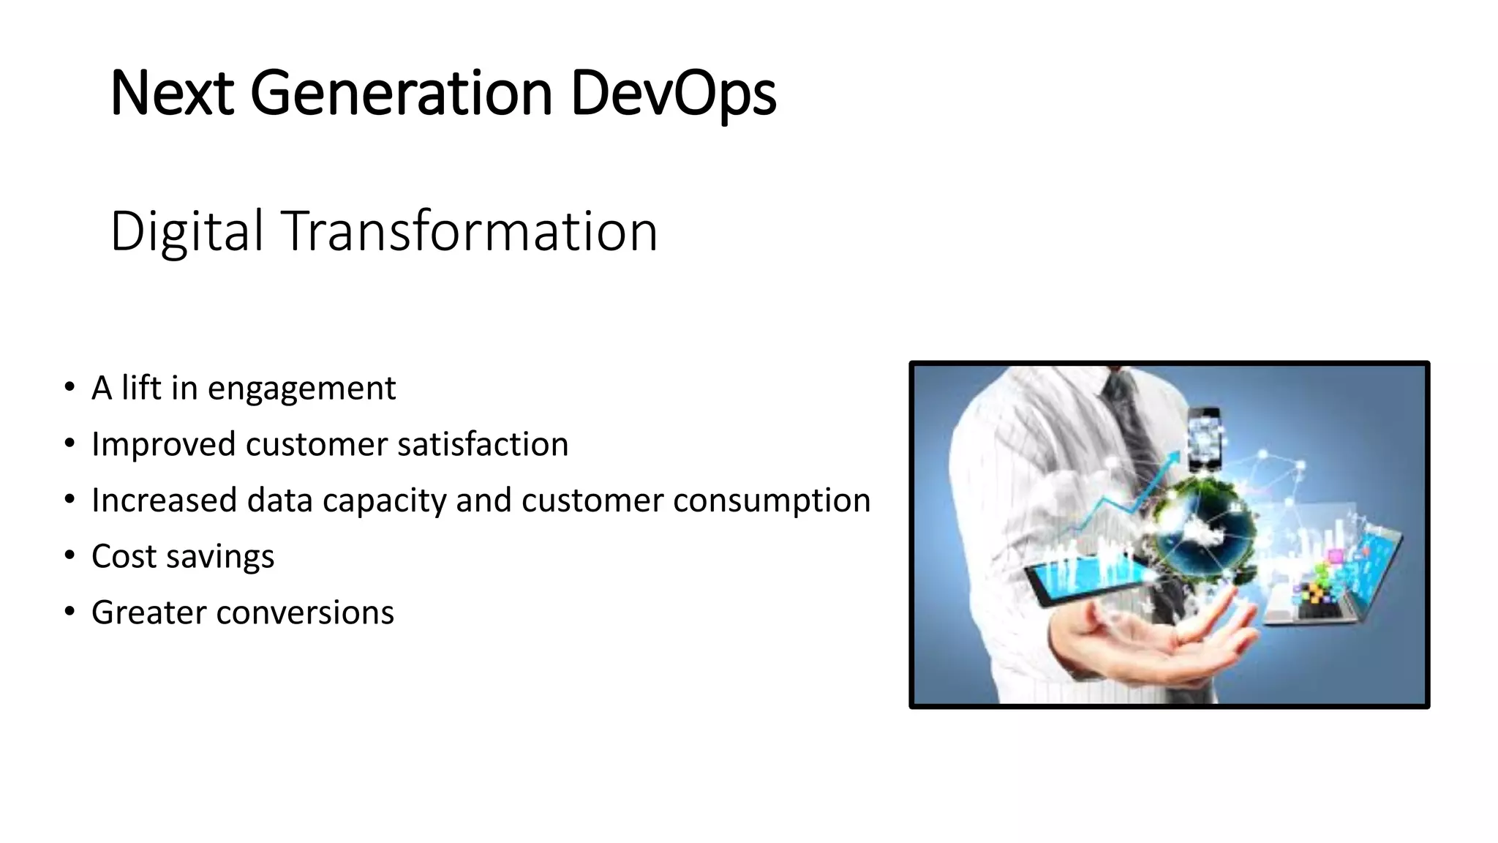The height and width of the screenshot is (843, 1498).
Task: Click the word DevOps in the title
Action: tap(673, 94)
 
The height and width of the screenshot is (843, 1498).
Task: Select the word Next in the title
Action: tap(172, 94)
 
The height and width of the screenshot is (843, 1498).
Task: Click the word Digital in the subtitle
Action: tap(187, 231)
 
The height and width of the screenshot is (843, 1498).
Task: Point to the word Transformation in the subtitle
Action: tap(469, 231)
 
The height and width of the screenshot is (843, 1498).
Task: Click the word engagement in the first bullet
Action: tap(301, 389)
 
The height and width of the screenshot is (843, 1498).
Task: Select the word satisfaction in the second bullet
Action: tap(483, 444)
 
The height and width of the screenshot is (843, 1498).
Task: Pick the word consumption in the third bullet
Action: tap(772, 501)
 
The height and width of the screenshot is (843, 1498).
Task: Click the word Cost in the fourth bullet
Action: tap(124, 556)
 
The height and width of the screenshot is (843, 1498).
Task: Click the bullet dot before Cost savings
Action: tap(69, 555)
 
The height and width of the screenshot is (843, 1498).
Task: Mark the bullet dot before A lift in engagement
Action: tap(69, 387)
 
